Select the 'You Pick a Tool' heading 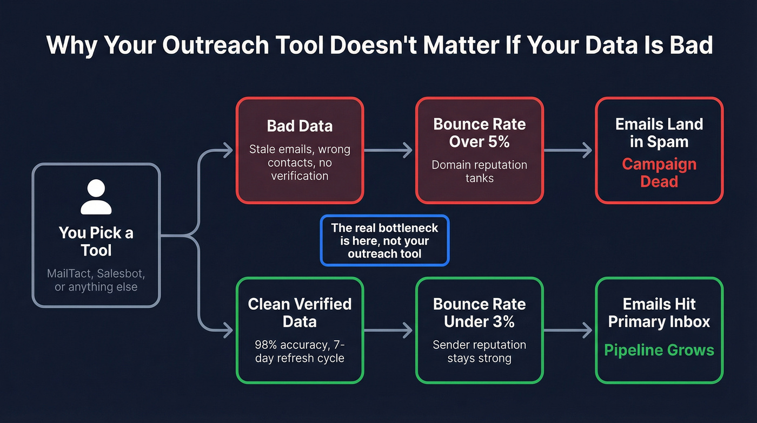[x=96, y=242]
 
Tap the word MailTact [x=69, y=274]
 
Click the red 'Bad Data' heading [x=300, y=126]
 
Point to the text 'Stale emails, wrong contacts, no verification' [x=300, y=162]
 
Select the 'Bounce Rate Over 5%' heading [x=479, y=133]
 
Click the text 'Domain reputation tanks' [x=479, y=171]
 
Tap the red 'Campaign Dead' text [x=659, y=172]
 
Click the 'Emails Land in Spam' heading [x=659, y=133]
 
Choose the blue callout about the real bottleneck [x=384, y=240]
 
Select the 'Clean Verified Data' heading [x=300, y=313]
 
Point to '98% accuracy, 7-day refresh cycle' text [x=300, y=351]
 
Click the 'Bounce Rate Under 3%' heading [x=479, y=313]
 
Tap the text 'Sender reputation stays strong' [x=479, y=351]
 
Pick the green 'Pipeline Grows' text [x=659, y=350]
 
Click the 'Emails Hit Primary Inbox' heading [x=659, y=313]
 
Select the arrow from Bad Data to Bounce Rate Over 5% [x=389, y=151]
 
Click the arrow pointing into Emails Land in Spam [x=568, y=151]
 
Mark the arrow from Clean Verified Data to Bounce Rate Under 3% [x=389, y=330]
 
